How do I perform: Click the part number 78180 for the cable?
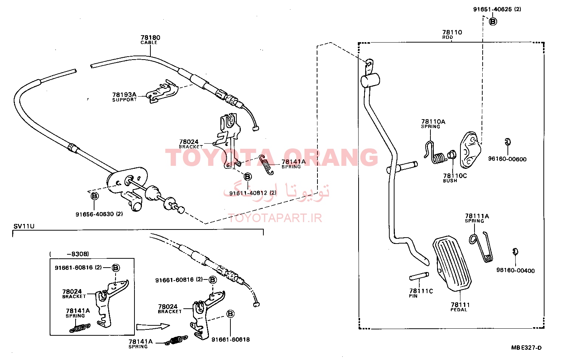(x=150, y=37)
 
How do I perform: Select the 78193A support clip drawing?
(x=163, y=92)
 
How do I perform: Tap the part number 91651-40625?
(x=492, y=9)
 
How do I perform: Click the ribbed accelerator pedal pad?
(x=452, y=264)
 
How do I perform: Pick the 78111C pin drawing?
(x=419, y=276)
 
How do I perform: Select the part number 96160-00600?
(x=507, y=159)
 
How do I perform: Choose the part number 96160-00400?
(x=516, y=270)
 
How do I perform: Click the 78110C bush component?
(x=452, y=155)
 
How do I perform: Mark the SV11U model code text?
(x=24, y=226)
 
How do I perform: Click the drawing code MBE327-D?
(x=526, y=348)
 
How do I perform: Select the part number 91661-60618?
(x=230, y=339)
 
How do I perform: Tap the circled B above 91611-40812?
(x=247, y=177)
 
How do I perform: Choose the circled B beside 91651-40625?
(x=493, y=21)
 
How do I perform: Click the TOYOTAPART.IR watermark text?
(x=275, y=218)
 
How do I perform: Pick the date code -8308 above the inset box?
(x=77, y=254)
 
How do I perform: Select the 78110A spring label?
(x=433, y=124)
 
